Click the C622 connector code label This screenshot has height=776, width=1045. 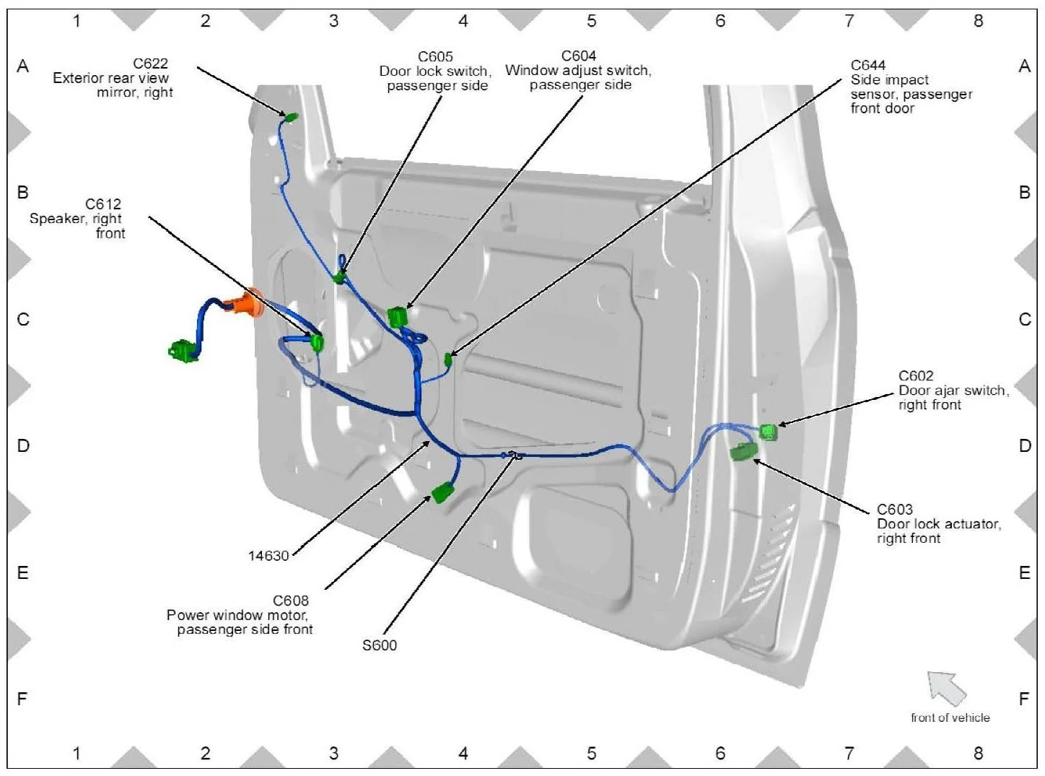click(x=150, y=64)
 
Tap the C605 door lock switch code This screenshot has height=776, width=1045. click(x=435, y=56)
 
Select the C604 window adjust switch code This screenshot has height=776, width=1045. click(x=579, y=56)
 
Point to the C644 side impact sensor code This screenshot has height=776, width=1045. click(x=867, y=65)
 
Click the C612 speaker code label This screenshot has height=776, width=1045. click(x=103, y=204)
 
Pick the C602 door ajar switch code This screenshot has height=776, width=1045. click(x=916, y=376)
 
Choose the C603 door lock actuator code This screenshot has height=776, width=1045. click(x=895, y=510)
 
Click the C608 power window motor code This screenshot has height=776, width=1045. click(x=291, y=601)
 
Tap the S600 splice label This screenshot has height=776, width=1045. click(x=380, y=645)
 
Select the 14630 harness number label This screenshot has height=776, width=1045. click(x=268, y=556)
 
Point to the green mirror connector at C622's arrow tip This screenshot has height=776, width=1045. click(x=292, y=118)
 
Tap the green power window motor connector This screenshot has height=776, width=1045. click(x=442, y=493)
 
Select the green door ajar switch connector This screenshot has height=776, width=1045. click(x=769, y=432)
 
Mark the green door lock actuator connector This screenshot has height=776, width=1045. click(x=743, y=452)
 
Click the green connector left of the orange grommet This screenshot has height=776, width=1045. click(x=183, y=351)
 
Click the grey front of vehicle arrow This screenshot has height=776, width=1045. click(x=946, y=688)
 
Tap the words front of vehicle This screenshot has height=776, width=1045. click(x=950, y=718)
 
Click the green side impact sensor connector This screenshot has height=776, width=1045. click(x=448, y=359)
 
